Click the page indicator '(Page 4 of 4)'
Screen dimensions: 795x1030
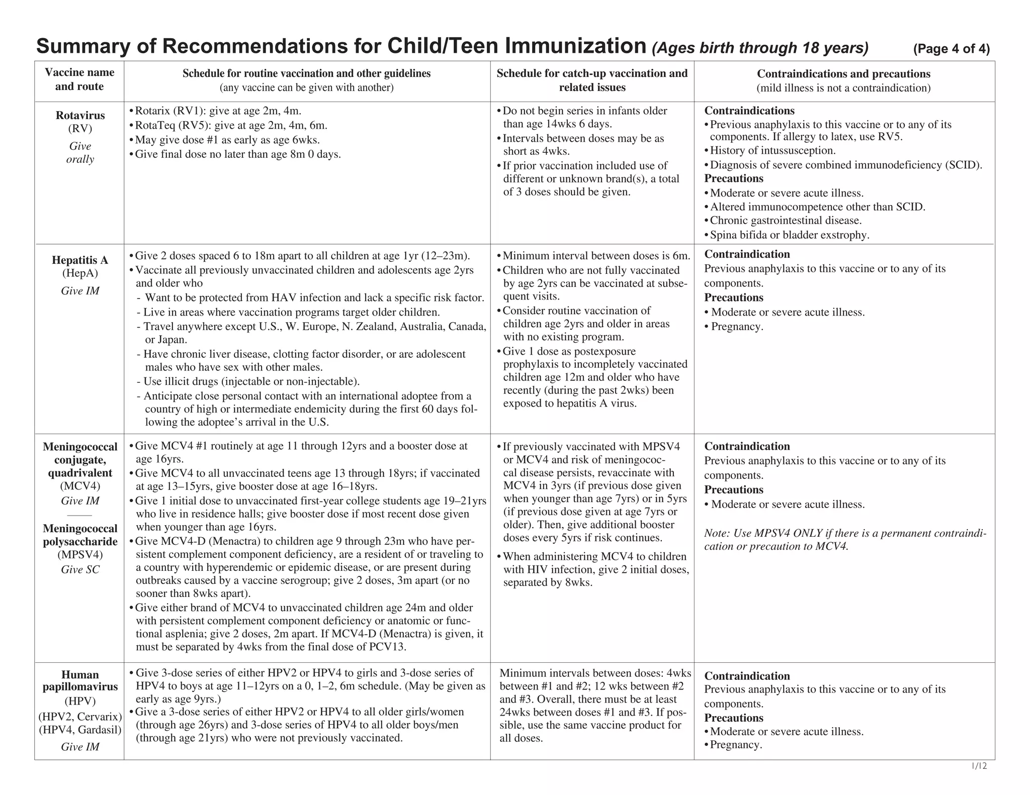[x=951, y=49]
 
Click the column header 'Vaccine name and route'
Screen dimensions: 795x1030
[x=79, y=79]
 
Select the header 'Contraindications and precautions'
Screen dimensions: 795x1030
[x=843, y=74]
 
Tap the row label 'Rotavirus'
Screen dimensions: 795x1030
[x=80, y=116]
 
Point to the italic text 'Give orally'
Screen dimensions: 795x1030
[x=80, y=153]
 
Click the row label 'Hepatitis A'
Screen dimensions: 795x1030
[x=80, y=260]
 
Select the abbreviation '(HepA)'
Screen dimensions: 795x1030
[x=80, y=273]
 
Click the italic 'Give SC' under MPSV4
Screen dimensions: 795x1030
[x=80, y=569]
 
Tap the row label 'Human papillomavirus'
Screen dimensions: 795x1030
[x=80, y=680]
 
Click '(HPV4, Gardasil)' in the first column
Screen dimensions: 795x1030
[x=80, y=730]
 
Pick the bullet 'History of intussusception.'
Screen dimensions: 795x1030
[x=772, y=151]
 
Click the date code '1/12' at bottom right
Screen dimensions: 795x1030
[x=979, y=766]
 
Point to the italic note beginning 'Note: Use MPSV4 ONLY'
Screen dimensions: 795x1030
[x=844, y=540]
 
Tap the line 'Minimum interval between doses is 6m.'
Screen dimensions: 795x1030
[x=596, y=256]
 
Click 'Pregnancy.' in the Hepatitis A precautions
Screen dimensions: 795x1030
[x=737, y=327]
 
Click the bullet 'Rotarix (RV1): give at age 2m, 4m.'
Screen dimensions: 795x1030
[x=218, y=111]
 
